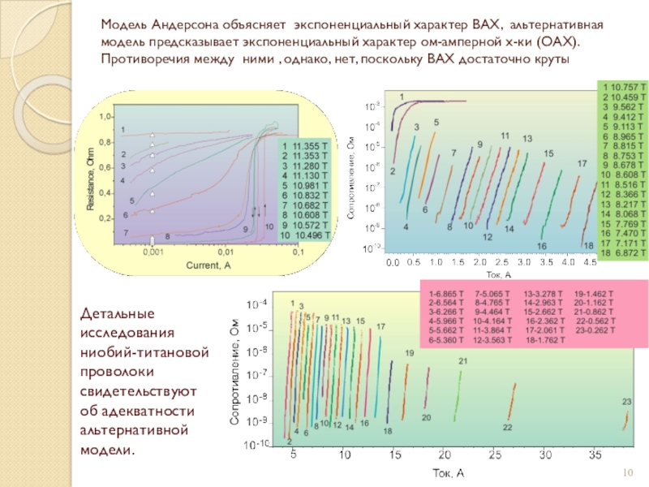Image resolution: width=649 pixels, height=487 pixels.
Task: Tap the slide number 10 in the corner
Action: click(x=627, y=473)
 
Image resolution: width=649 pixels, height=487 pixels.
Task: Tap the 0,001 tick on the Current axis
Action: click(x=153, y=252)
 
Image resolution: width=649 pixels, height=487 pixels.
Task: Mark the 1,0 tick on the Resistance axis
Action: click(x=106, y=117)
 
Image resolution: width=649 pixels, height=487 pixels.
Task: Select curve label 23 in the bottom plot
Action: click(x=626, y=402)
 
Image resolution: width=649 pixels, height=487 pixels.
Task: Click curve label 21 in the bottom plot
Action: click(x=463, y=361)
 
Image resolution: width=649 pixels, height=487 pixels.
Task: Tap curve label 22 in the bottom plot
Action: click(x=508, y=427)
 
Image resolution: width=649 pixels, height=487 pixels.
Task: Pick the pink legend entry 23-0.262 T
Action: click(x=596, y=330)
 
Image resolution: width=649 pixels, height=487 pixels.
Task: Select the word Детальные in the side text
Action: click(x=110, y=312)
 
